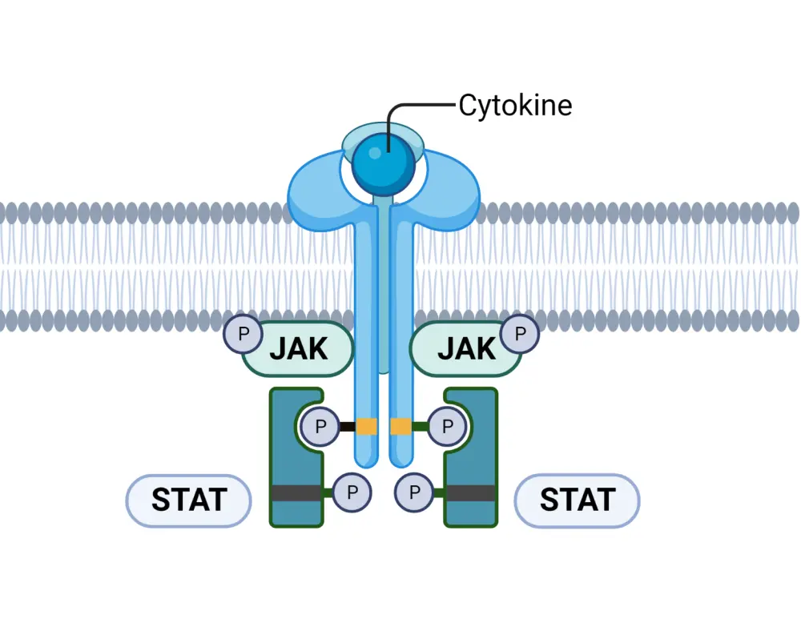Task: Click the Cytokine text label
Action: point(515,105)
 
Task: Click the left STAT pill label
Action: point(189,500)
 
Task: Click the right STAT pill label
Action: point(577,500)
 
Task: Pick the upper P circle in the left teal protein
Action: point(320,426)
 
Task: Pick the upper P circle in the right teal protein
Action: point(447,426)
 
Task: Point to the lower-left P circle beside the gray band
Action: point(352,492)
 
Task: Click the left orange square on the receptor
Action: point(367,426)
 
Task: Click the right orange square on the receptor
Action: point(400,426)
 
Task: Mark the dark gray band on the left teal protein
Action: point(296,492)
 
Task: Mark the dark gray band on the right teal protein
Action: point(470,492)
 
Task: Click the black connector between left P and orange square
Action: point(348,426)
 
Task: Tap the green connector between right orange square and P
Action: point(420,426)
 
